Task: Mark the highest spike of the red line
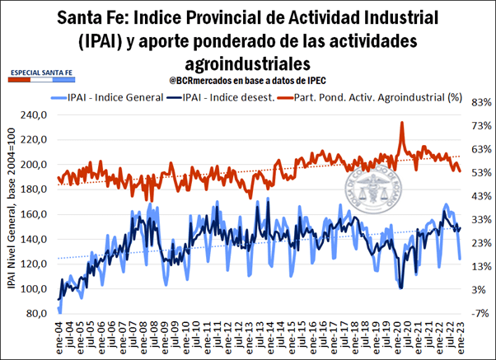[402, 123]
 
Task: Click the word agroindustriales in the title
[248, 63]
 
